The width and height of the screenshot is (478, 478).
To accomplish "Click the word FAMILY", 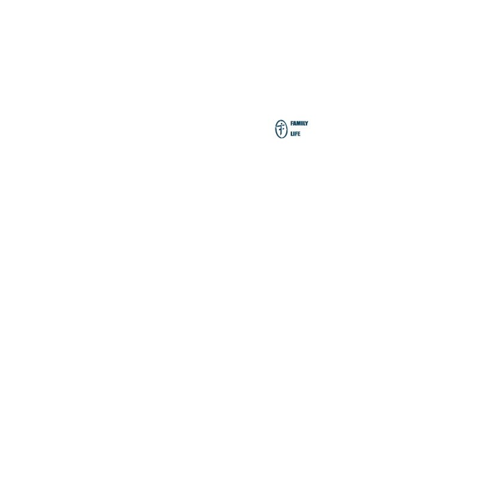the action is (299, 123).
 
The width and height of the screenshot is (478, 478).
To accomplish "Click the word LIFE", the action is (295, 134).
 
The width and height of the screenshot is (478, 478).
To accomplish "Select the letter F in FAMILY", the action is (292, 123).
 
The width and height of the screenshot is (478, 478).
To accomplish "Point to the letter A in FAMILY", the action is (295, 124).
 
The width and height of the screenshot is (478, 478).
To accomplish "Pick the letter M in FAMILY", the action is (298, 123).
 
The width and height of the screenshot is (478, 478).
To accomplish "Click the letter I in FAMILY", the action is (302, 123).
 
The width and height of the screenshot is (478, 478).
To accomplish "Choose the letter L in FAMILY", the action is (304, 124).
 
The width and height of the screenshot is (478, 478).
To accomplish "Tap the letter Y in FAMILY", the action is (307, 124).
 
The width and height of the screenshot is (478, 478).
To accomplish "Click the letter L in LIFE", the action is (292, 134).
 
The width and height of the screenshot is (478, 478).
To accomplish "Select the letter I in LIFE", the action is (294, 134).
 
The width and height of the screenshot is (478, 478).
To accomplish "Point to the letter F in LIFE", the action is (296, 134).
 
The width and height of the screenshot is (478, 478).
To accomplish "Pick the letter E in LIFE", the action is (299, 134).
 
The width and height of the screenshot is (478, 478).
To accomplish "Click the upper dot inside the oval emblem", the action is (281, 124).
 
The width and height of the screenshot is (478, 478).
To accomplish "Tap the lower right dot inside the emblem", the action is (283, 128).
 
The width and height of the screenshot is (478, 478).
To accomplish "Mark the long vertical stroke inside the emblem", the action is (281, 130).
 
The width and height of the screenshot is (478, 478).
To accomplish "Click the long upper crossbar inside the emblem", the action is (281, 125).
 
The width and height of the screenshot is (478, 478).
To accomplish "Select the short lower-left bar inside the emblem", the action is (280, 130).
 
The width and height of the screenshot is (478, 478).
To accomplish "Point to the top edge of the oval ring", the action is (281, 120).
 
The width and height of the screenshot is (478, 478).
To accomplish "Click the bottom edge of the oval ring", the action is (281, 138).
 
